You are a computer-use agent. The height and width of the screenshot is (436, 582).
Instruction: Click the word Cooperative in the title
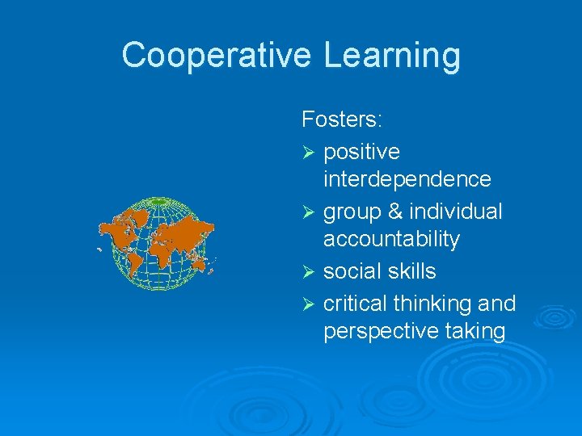coord(216,56)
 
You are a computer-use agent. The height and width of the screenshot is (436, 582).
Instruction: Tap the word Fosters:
coord(342,120)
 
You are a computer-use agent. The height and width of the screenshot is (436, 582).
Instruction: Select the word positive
coord(361,153)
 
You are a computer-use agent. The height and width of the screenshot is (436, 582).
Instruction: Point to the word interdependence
coord(407,178)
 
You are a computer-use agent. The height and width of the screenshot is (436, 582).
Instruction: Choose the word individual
coord(455,212)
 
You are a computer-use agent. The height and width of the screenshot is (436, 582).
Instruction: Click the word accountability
coord(391,240)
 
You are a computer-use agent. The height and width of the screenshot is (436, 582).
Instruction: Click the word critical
coord(355,303)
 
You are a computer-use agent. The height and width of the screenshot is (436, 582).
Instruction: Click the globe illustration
coord(157,243)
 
